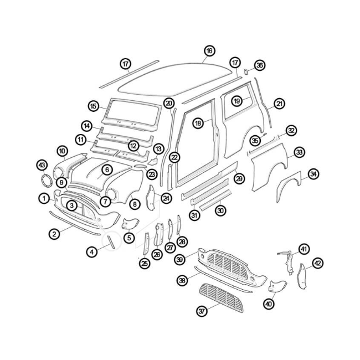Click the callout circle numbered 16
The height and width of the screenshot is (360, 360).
[209, 51]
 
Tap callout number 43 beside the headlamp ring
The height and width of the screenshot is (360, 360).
[42, 165]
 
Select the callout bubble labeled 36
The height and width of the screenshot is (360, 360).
[260, 65]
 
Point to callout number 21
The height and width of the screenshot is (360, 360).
[279, 104]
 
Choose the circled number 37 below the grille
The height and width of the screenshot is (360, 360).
[202, 311]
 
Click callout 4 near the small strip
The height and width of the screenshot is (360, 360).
[92, 252]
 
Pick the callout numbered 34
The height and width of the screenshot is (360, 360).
[313, 174]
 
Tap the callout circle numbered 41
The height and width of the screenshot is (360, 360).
[304, 249]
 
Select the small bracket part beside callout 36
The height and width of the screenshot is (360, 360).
[246, 72]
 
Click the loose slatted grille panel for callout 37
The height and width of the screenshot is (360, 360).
[220, 298]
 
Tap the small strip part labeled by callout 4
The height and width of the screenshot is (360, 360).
[111, 241]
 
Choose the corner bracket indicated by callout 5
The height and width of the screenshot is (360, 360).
[130, 224]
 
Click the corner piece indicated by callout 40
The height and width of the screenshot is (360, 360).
[277, 286]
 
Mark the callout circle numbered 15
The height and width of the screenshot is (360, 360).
[94, 106]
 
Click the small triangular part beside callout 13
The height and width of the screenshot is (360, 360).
[153, 161]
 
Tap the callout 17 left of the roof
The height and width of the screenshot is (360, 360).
[126, 64]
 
